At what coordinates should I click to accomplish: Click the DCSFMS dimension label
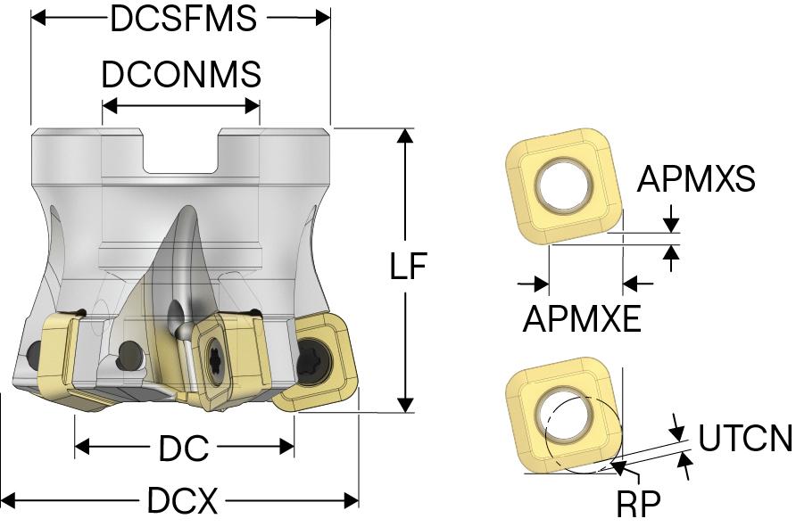[x=183, y=18]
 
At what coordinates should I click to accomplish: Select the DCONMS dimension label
[x=181, y=75]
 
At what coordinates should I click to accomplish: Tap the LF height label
[x=409, y=268]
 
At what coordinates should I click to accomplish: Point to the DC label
[x=184, y=449]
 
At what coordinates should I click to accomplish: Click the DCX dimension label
[x=182, y=502]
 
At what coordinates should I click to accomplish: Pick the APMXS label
[x=696, y=180]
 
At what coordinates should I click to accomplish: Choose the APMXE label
[x=582, y=318]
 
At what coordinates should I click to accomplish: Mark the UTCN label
[x=745, y=440]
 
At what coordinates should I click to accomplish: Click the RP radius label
[x=639, y=505]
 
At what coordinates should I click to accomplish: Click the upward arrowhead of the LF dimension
[x=406, y=136]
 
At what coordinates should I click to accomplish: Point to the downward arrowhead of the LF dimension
[x=406, y=405]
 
